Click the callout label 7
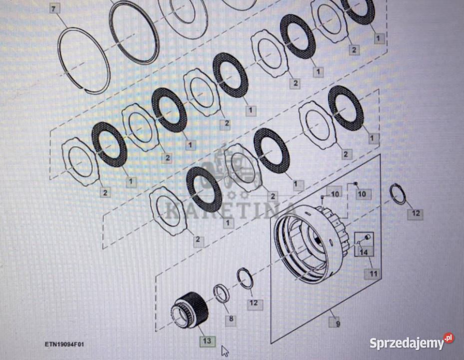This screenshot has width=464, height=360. click(53, 9)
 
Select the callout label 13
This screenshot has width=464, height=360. click(207, 340)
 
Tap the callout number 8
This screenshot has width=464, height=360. click(231, 319)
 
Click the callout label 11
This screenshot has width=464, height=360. click(374, 273)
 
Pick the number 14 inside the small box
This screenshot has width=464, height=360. click(364, 252)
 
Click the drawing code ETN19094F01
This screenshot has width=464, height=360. click(64, 344)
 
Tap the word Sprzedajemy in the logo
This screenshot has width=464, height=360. click(407, 343)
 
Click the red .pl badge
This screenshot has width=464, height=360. click(449, 338)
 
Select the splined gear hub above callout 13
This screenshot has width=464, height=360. click(190, 309)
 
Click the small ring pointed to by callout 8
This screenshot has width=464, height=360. click(221, 293)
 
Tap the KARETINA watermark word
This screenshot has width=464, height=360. click(231, 210)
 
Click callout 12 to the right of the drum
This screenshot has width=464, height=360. click(416, 213)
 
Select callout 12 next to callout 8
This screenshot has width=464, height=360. click(254, 303)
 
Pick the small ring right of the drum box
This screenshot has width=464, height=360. click(398, 194)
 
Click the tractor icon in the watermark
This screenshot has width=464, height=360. click(231, 169)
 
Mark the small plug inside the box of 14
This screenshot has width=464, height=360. click(368, 237)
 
